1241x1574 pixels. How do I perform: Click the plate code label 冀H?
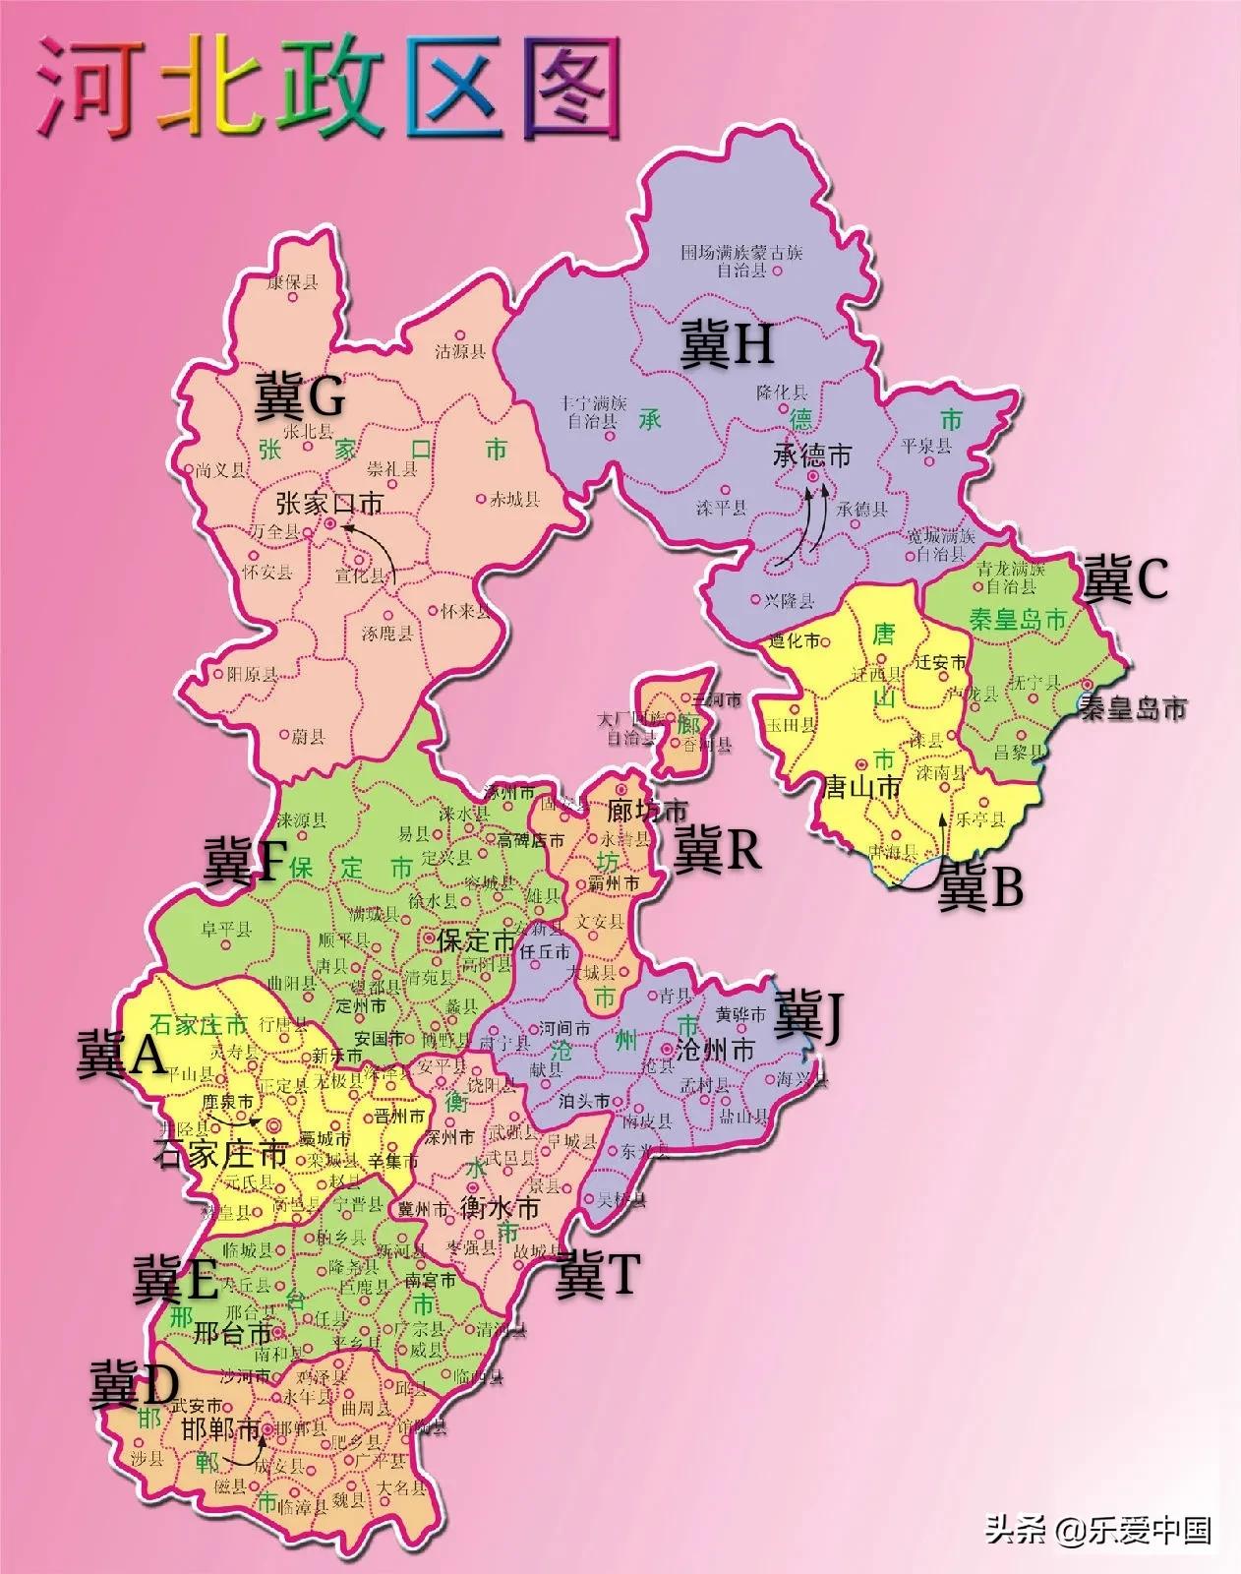(727, 346)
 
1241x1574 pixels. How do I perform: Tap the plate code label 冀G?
(300, 396)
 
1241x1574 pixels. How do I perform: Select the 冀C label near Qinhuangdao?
(1125, 579)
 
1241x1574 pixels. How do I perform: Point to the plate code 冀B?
(980, 885)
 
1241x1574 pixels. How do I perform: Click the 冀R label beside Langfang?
(717, 850)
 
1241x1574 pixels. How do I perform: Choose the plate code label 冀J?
(808, 1019)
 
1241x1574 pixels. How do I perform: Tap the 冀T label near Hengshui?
(597, 1276)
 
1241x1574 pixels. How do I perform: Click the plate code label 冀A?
(121, 1055)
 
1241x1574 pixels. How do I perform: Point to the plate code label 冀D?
(135, 1384)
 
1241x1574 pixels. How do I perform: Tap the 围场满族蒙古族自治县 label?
(741, 261)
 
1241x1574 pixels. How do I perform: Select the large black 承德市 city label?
(812, 455)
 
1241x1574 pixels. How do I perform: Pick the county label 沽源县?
(461, 351)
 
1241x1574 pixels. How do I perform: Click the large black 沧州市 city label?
(715, 1050)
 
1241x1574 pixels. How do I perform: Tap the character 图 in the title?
(566, 87)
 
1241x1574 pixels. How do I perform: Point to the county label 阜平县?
(227, 928)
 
